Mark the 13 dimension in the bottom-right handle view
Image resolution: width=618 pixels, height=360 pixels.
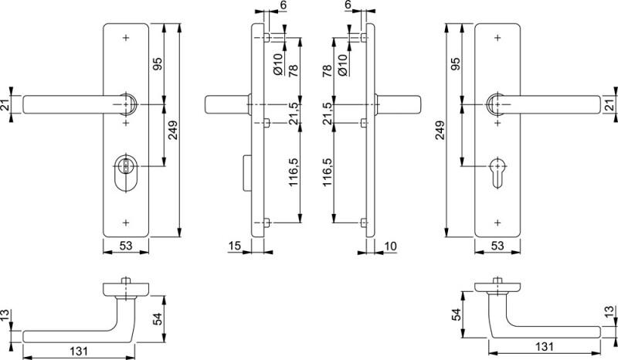610,311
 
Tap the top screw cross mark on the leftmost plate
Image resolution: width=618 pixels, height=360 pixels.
124,36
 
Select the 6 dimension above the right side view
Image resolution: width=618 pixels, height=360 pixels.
348,5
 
